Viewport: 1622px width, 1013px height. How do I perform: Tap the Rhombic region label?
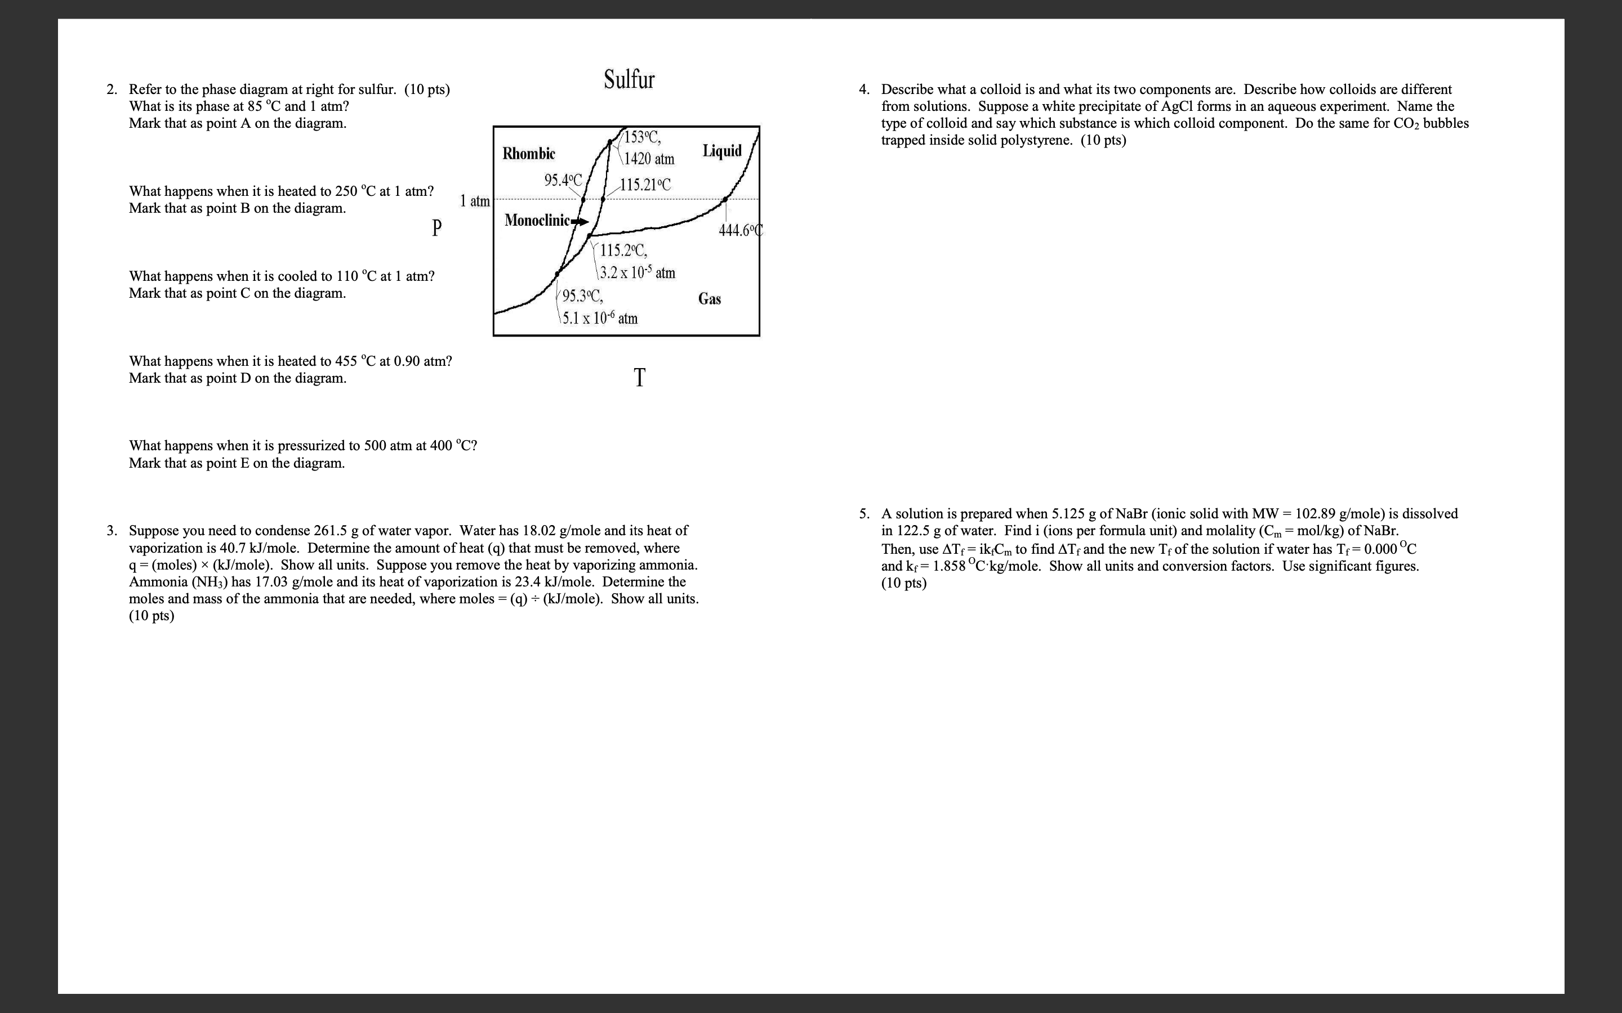pos(529,154)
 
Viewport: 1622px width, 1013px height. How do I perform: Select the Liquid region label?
pos(722,151)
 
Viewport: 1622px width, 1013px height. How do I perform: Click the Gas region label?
pos(709,299)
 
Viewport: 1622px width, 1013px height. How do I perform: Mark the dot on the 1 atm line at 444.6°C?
pos(724,200)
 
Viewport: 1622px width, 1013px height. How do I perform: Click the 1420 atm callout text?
pos(649,159)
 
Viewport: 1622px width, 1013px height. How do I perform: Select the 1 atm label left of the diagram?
pos(475,201)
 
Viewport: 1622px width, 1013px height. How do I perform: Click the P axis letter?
pos(436,228)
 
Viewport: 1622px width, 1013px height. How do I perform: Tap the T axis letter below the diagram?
pos(639,378)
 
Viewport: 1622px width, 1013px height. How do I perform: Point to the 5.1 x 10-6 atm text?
pos(600,318)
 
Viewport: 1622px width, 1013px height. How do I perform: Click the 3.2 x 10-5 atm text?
pos(638,273)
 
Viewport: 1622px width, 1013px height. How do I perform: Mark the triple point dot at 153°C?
pos(609,141)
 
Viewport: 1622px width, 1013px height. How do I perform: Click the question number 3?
pos(112,531)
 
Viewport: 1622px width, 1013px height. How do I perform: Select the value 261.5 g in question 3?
pos(335,531)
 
